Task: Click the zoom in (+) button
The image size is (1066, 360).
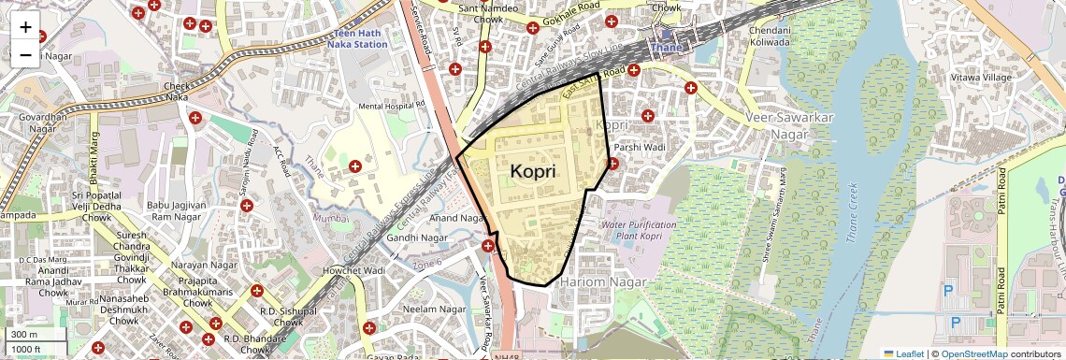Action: click(x=25, y=27)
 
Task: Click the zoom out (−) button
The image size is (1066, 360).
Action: click(x=25, y=55)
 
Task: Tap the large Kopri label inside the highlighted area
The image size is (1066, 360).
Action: click(x=533, y=172)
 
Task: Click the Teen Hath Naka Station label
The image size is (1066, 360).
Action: click(x=358, y=38)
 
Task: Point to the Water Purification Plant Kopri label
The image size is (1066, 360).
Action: click(x=639, y=231)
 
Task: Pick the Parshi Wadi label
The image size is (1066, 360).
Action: click(x=640, y=147)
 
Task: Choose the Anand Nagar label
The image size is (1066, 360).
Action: click(x=456, y=219)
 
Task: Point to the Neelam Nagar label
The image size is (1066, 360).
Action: click(x=433, y=309)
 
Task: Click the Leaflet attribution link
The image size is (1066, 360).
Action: click(x=904, y=353)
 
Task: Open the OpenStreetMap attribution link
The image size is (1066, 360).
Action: click(x=974, y=353)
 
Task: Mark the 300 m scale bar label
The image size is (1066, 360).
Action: click(x=23, y=334)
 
